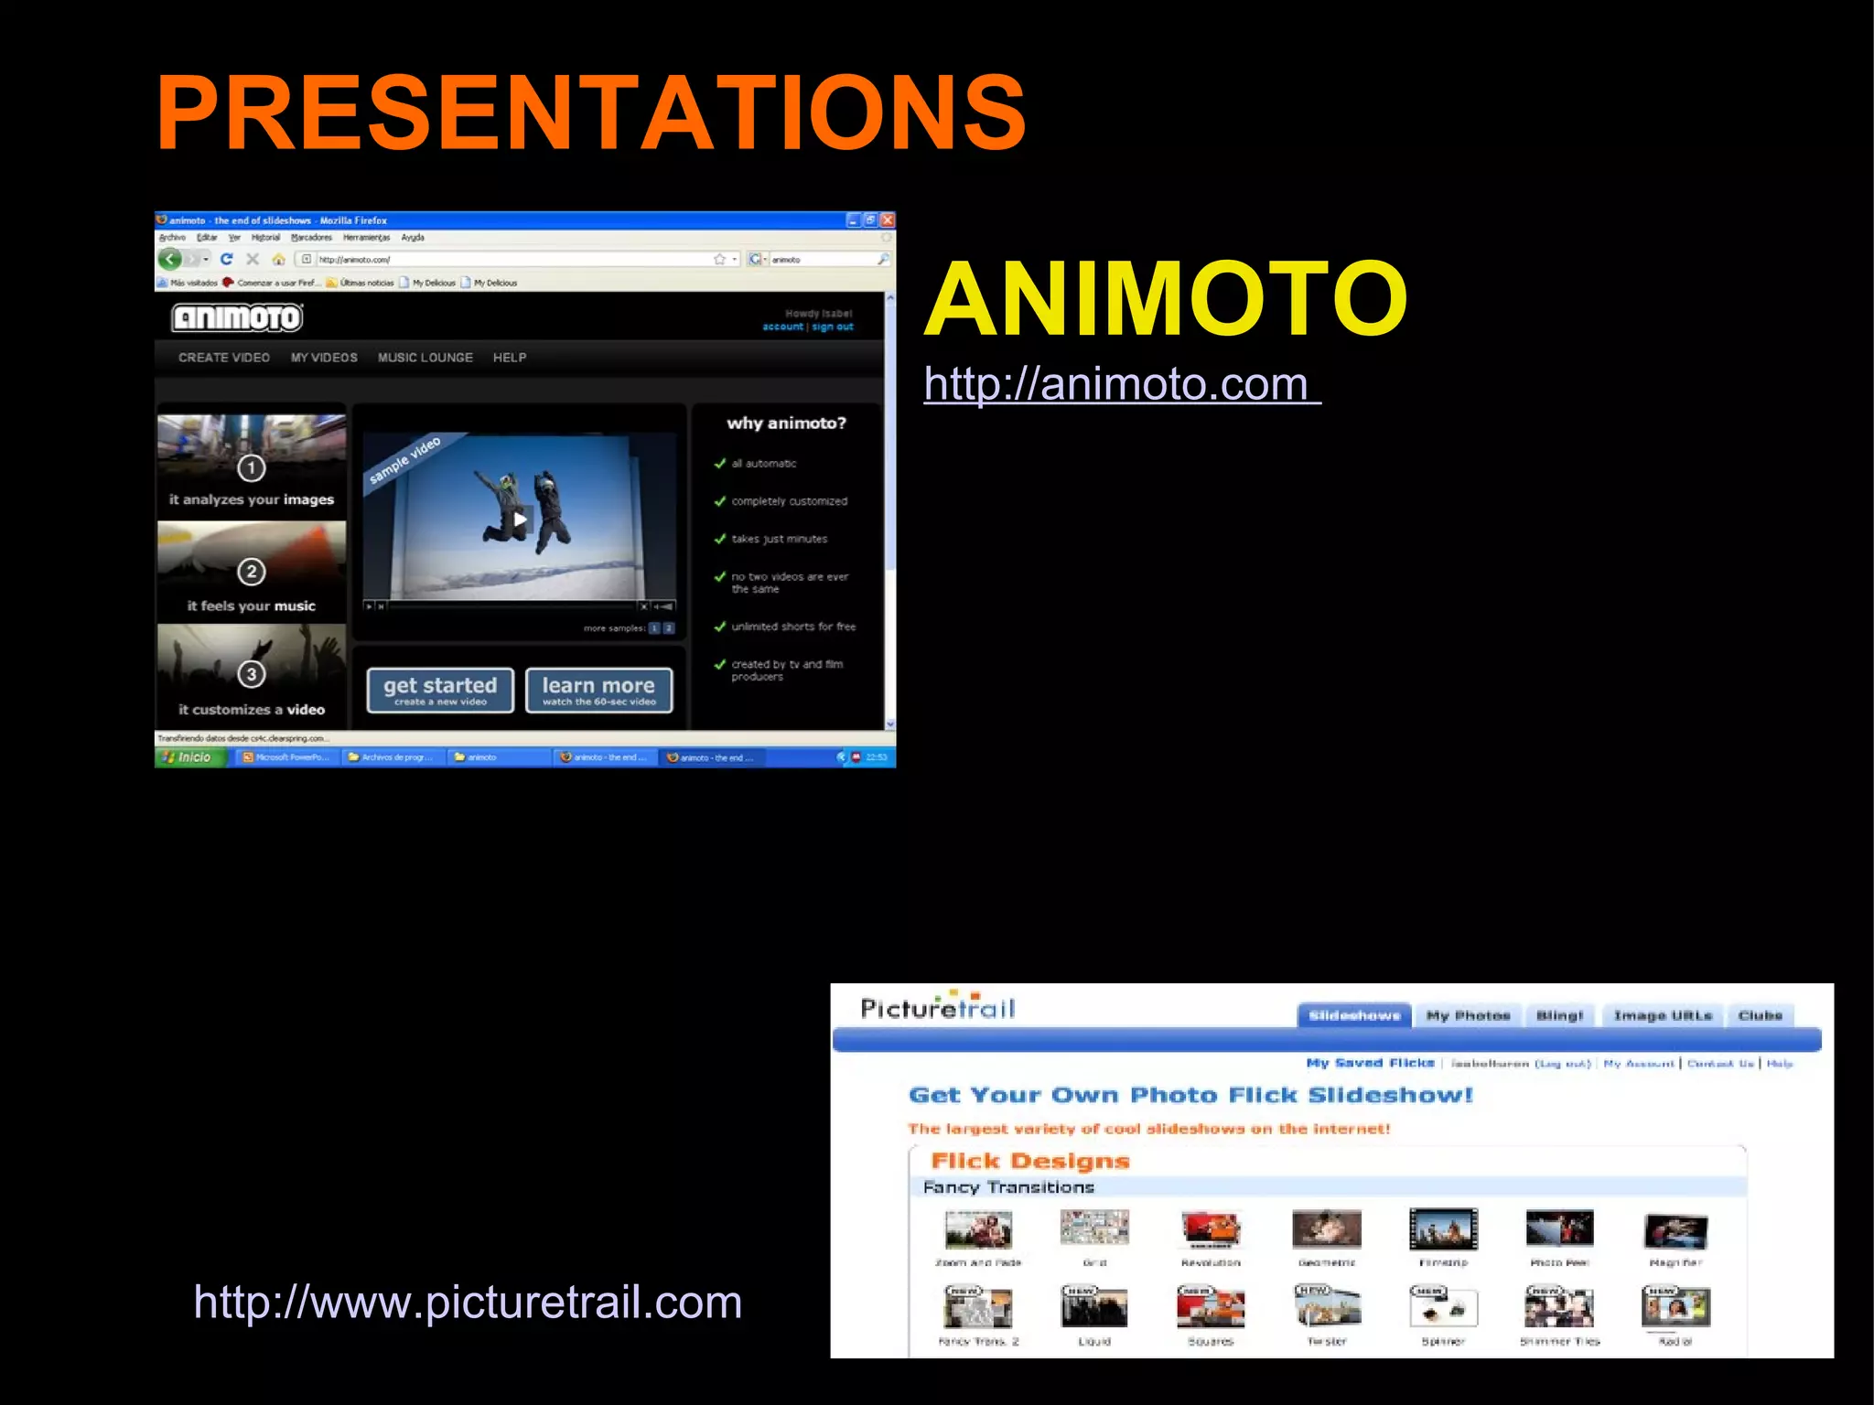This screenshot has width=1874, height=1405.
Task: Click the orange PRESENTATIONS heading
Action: point(591,113)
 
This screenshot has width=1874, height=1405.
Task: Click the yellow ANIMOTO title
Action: point(1166,299)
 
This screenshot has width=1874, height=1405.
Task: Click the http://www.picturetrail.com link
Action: point(468,1302)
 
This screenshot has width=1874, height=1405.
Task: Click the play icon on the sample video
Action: point(520,519)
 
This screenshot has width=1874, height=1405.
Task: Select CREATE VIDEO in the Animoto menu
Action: point(224,358)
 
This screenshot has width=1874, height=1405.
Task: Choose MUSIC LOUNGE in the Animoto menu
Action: point(425,358)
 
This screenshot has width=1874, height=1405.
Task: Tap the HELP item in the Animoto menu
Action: point(510,358)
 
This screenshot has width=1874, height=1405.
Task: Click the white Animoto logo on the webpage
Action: point(238,317)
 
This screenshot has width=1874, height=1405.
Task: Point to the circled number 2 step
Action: point(252,572)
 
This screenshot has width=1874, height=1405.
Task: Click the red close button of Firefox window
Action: point(887,220)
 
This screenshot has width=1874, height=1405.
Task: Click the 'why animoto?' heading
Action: point(786,423)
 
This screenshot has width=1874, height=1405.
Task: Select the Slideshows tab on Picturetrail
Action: point(1354,1015)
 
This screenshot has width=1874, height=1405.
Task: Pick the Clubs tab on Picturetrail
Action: point(1760,1015)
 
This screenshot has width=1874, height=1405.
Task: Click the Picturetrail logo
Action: point(938,1007)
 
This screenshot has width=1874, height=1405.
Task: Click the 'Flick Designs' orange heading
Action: point(1030,1161)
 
